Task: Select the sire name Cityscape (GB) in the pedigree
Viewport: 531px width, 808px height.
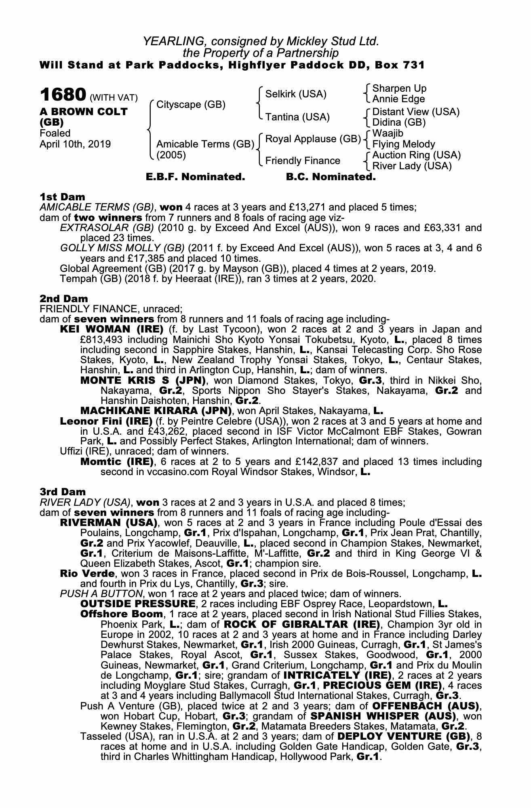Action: coord(191,105)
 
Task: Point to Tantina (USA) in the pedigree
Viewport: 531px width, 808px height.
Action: coord(297,117)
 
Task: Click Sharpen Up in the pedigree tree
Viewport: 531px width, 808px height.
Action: coord(399,88)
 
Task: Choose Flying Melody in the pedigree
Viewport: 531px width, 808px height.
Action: coord(404,144)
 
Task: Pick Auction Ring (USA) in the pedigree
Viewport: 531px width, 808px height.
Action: coord(416,155)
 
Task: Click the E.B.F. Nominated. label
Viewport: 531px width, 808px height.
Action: coord(195,177)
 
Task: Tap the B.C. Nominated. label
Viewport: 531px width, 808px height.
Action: coord(331,177)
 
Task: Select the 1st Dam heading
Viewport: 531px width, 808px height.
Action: coord(62,197)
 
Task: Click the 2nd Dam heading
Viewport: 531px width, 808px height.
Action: coord(63,299)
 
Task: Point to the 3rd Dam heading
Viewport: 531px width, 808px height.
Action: coord(63,492)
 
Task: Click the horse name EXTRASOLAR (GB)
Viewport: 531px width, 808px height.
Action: coord(107,228)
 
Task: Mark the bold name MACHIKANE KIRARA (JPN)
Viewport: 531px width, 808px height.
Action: coord(156,411)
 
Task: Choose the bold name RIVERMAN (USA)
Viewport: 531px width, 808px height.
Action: coord(108,523)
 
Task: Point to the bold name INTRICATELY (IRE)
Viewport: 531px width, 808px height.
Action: coord(337,675)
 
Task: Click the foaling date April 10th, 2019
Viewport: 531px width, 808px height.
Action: coord(75,144)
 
